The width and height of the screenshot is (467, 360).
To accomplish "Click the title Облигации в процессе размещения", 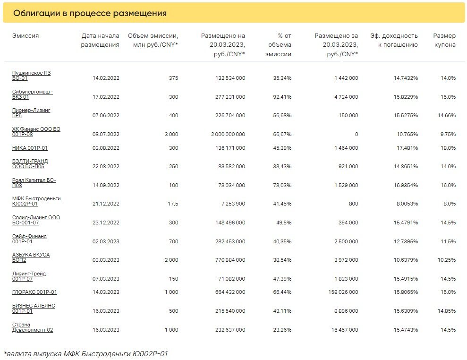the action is point(90,13).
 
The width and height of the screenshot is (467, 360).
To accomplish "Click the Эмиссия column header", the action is point(25,36).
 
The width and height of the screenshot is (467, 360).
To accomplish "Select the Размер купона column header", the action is point(444,40).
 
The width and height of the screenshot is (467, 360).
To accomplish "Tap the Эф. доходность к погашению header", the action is point(394,40).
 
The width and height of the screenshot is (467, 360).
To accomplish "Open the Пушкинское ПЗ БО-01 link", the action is point(31,76).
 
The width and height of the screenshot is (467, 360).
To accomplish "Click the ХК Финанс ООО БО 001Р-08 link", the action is point(36,132).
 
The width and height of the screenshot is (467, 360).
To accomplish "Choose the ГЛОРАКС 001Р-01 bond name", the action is point(34,292).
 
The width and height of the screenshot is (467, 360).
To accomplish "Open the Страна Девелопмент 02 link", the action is point(33,327).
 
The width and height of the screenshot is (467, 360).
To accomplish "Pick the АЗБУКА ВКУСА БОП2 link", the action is point(31,257).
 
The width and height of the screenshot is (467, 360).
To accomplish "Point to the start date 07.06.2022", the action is point(106,115).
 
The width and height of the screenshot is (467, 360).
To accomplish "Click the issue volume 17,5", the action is point(173,204).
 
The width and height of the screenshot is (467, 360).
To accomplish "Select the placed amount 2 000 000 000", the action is point(228,134).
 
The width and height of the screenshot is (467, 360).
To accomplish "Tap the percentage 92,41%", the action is point(282,97).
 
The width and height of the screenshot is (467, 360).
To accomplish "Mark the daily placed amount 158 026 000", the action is point(343,292).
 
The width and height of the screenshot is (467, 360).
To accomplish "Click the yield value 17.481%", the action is point(407,148).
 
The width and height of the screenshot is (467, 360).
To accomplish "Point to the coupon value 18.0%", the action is point(448,148).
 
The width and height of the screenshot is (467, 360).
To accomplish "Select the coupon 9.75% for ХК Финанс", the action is point(448,134).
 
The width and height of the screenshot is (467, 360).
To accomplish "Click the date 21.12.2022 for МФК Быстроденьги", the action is point(106,204).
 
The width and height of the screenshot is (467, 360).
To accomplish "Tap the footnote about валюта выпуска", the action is point(86,354).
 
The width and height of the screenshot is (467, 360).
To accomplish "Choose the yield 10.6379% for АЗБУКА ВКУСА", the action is point(406,260).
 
